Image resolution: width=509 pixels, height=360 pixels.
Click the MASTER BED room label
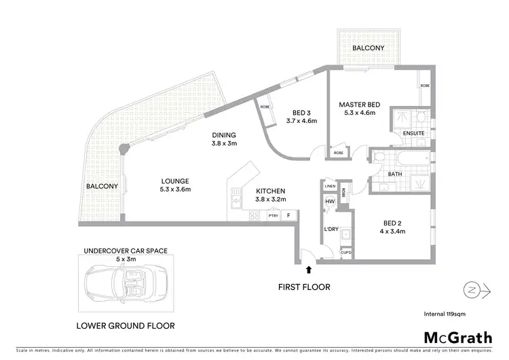[x=360, y=104]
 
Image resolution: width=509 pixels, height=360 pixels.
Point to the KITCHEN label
[x=269, y=191]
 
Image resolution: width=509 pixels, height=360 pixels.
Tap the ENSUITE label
[x=413, y=134]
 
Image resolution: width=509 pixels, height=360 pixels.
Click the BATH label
[x=396, y=174]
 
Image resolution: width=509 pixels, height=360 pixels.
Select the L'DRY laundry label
[x=331, y=230]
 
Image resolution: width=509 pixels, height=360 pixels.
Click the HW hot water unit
[x=331, y=202]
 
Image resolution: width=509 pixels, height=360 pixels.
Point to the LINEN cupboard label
[x=330, y=186]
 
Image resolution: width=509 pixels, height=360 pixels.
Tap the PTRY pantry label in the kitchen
[x=273, y=216]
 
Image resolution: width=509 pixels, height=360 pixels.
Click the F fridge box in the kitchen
[x=289, y=216]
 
